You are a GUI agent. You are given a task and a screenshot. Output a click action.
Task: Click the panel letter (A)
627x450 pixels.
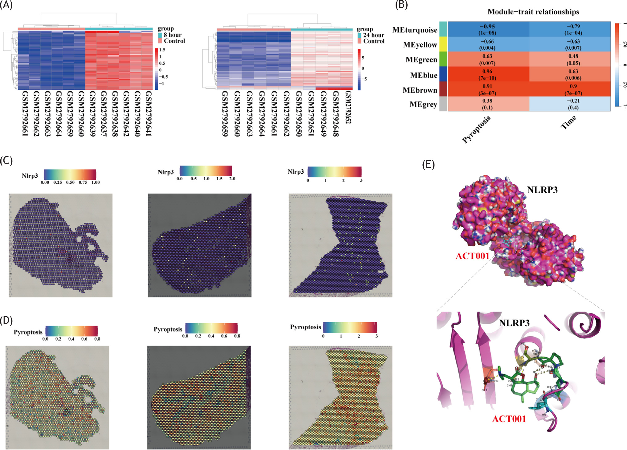click(6, 5)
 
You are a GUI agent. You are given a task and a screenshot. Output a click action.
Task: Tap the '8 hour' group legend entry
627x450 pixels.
click(172, 35)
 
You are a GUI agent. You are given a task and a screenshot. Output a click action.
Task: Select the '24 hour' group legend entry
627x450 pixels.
click(373, 35)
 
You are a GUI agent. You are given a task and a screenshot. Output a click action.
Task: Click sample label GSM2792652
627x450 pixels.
click(348, 107)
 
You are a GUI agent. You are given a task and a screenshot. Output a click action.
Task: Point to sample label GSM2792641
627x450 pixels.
click(149, 113)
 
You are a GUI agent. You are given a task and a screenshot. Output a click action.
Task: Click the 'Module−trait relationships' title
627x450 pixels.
click(533, 12)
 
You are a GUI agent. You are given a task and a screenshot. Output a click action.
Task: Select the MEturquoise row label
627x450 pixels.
click(415, 30)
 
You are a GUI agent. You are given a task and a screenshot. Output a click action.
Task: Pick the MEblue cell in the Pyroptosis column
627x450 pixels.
click(487, 74)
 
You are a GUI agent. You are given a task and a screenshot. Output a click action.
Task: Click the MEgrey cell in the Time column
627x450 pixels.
click(573, 104)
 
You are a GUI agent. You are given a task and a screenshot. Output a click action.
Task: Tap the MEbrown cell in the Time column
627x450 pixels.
click(573, 89)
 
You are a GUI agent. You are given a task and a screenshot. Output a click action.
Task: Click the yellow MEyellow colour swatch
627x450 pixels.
click(443, 44)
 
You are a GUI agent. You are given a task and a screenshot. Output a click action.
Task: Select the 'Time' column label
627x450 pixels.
click(568, 123)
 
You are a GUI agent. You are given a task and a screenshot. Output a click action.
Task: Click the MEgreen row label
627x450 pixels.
click(421, 59)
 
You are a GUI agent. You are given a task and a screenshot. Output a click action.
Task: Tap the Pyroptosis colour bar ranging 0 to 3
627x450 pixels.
click(350, 327)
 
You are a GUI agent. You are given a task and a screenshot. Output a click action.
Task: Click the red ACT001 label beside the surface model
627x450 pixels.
click(472, 256)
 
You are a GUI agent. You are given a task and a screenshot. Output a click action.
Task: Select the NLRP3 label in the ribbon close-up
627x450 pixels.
click(514, 323)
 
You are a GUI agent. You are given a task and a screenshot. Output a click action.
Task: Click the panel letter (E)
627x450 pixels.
click(428, 165)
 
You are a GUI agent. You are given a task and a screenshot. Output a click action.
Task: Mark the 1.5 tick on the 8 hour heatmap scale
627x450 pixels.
click(162, 50)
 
